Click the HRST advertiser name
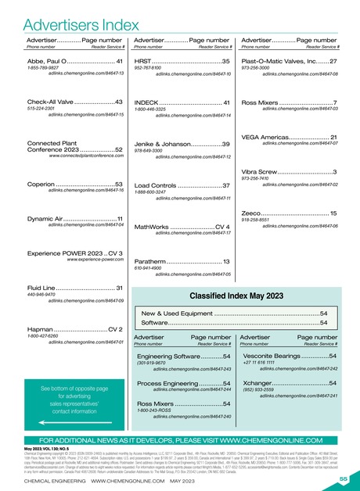[x=146, y=60]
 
